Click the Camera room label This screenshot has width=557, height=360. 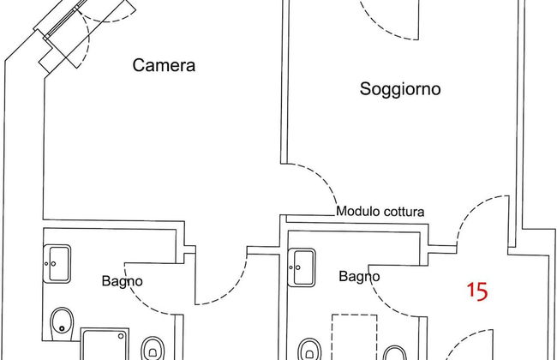165,65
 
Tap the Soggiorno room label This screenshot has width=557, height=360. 400,88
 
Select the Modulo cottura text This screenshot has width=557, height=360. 380,211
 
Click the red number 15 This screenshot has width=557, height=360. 476,291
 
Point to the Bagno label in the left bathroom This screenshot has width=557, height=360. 123,280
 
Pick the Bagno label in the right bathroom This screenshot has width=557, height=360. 360,276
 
